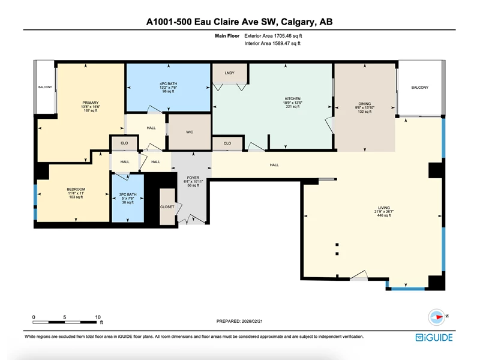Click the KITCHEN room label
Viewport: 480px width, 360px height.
pyautogui.click(x=293, y=99)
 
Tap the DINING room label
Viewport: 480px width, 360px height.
pyautogui.click(x=365, y=104)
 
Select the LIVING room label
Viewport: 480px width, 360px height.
pyautogui.click(x=384, y=208)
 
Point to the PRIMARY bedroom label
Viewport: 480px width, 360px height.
pyautogui.click(x=91, y=103)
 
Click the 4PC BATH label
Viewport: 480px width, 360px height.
pyautogui.click(x=169, y=83)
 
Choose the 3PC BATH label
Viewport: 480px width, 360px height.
pyautogui.click(x=128, y=194)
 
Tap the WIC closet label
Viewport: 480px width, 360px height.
pyautogui.click(x=190, y=132)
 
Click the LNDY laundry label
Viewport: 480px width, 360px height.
pyautogui.click(x=229, y=73)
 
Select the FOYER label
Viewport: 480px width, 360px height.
pyautogui.click(x=193, y=178)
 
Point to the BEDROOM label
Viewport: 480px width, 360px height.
pyautogui.click(x=76, y=189)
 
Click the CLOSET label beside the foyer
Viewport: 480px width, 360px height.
pyautogui.click(x=167, y=207)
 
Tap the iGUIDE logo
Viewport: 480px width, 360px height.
pyautogui.click(x=434, y=337)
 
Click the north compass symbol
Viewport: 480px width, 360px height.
pyautogui.click(x=437, y=317)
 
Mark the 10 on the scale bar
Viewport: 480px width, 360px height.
pyautogui.click(x=98, y=317)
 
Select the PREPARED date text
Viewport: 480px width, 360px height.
pyautogui.click(x=239, y=321)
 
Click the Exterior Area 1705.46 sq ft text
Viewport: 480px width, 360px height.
pyautogui.click(x=273, y=36)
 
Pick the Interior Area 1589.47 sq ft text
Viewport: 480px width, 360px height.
pyautogui.click(x=272, y=43)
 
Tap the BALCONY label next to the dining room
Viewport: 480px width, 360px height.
pyautogui.click(x=419, y=88)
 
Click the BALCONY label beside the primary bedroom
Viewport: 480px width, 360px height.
pyautogui.click(x=45, y=87)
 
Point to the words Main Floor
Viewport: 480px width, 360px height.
pyautogui.click(x=227, y=36)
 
